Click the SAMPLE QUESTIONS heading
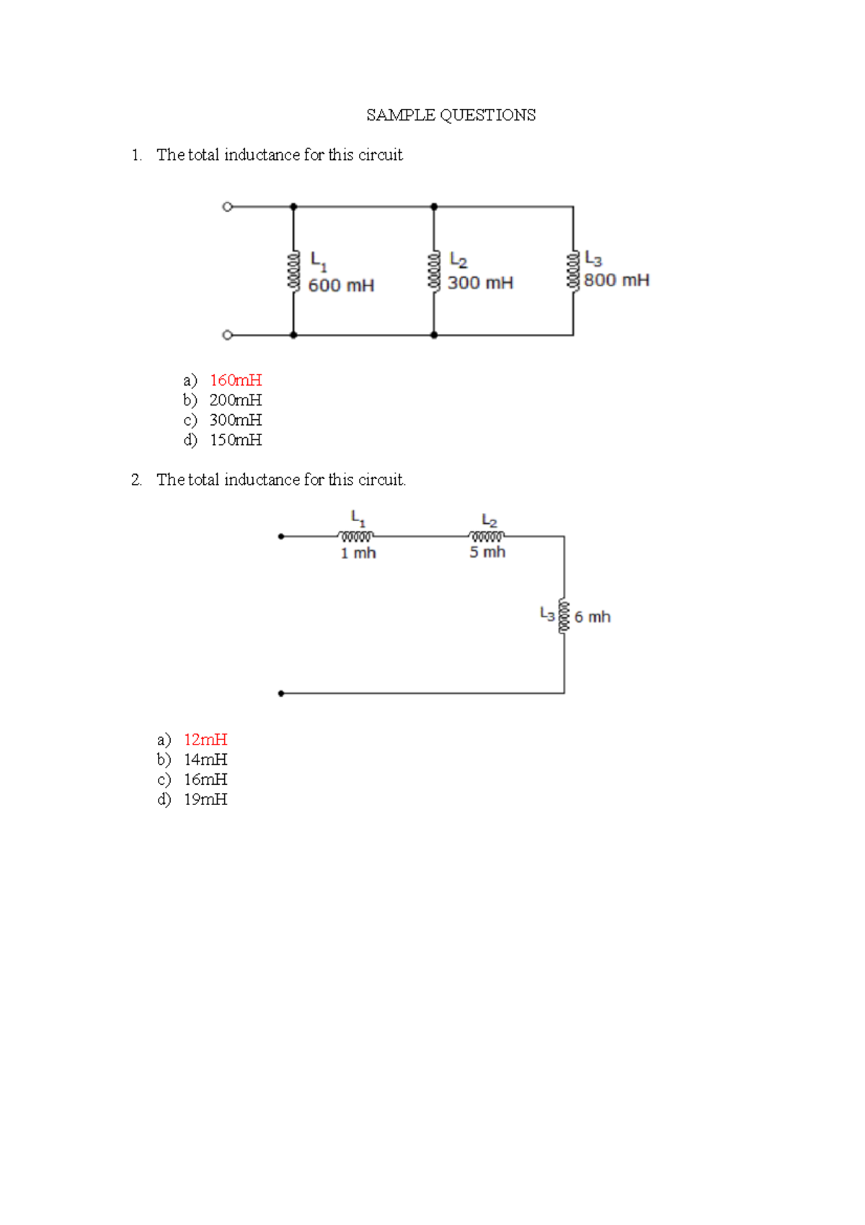451,115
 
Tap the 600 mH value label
341,286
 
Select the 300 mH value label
480,283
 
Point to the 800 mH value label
616,280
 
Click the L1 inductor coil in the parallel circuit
293,271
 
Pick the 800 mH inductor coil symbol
573,271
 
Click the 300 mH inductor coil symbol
434,271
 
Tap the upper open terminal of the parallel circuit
228,207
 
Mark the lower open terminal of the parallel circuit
228,335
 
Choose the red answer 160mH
236,380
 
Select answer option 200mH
236,400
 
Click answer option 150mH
236,440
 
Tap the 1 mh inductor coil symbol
356,536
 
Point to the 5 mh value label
487,552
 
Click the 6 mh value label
592,617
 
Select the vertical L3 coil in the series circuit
564,616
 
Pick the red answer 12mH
205,739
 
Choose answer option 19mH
205,799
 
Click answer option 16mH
205,780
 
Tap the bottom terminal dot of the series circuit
281,693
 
